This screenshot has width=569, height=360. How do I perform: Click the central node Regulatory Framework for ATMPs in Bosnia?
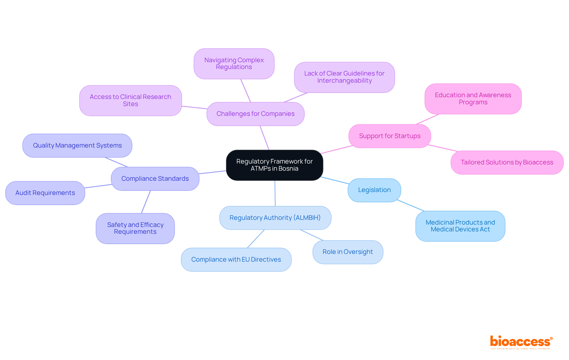pos(274,165)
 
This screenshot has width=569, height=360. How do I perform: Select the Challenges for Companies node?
pos(255,114)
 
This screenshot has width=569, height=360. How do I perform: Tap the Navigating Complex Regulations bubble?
pos(234,64)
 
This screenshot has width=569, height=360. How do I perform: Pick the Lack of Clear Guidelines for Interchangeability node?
pos(344,77)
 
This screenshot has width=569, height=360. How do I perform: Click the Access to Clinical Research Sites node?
pos(130,100)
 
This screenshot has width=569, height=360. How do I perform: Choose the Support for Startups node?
pos(390,136)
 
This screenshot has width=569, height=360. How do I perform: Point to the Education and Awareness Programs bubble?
pos(473,99)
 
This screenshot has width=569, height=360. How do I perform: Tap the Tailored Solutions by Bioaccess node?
pos(507,162)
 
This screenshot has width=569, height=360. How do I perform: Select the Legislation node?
pos(374,190)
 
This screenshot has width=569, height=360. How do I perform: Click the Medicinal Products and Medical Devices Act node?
pos(460,226)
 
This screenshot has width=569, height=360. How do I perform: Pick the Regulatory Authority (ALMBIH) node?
pos(275,218)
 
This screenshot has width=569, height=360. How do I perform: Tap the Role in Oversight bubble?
pos(348,252)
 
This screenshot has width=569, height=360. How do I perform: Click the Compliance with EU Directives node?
pos(236,260)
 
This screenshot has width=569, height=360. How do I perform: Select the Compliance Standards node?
pos(155,179)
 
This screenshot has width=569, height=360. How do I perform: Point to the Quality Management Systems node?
pos(77,145)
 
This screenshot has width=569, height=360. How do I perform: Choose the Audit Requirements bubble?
pos(45,193)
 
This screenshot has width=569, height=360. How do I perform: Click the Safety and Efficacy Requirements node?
pos(135,228)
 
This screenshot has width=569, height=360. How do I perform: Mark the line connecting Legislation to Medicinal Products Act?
pos(411,205)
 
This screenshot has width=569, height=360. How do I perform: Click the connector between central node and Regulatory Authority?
pos(275,193)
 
